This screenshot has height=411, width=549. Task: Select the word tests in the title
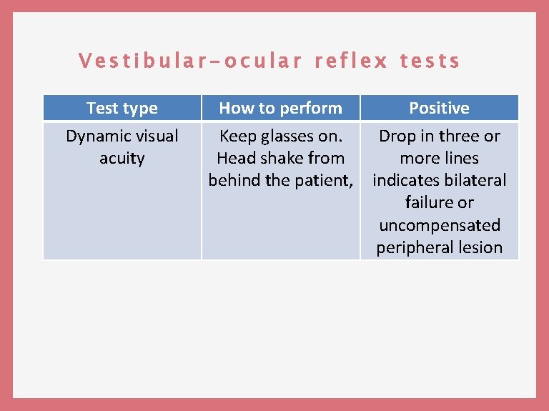(x=430, y=61)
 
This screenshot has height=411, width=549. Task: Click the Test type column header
(x=122, y=108)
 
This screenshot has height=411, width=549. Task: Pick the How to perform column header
(x=280, y=108)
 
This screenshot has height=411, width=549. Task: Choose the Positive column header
(x=439, y=108)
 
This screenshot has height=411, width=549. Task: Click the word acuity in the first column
(x=122, y=158)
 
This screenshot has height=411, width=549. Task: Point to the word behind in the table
(x=234, y=180)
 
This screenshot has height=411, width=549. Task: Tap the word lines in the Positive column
(x=460, y=158)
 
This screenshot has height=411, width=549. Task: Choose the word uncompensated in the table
(x=439, y=225)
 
